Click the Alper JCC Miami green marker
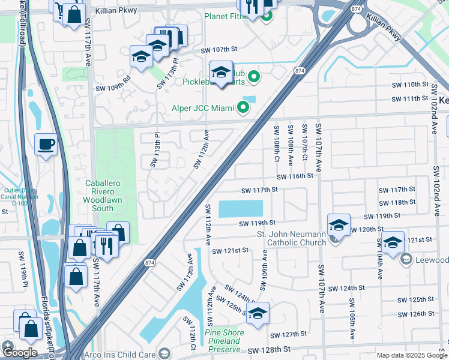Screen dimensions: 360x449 (x=243, y=108)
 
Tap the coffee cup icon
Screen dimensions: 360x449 (x=46, y=145)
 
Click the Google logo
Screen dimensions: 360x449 (x=20, y=352)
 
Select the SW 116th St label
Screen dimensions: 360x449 (x=295, y=176)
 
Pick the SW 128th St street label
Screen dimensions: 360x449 (x=268, y=349)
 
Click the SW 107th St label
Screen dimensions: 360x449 (x=219, y=49)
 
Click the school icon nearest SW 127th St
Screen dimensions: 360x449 (x=258, y=313)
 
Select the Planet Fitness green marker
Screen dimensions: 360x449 (x=265, y=14)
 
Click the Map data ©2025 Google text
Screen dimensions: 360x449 (x=412, y=355)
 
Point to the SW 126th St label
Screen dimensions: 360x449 (x=415, y=314)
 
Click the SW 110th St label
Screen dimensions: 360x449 (x=411, y=85)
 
